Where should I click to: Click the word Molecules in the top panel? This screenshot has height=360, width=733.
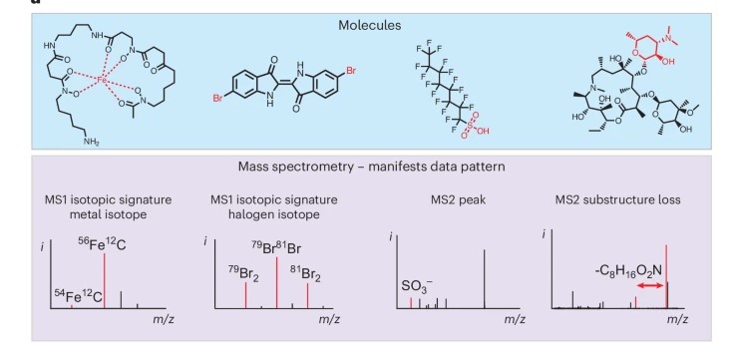point(369,25)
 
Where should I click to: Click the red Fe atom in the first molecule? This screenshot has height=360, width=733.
point(102,81)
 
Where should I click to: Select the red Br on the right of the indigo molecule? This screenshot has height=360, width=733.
point(351,71)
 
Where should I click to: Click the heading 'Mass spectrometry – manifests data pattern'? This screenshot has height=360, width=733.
point(372,167)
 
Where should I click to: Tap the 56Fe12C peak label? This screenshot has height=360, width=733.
point(102,244)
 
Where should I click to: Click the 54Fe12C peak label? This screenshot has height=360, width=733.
point(78,296)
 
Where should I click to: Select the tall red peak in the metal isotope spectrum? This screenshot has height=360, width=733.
point(105,280)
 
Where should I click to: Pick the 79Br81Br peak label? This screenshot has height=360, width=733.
point(276,247)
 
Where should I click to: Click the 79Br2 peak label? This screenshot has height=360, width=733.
point(243,273)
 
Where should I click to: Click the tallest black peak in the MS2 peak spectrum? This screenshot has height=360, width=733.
point(485,279)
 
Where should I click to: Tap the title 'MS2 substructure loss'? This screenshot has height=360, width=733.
point(617,200)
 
